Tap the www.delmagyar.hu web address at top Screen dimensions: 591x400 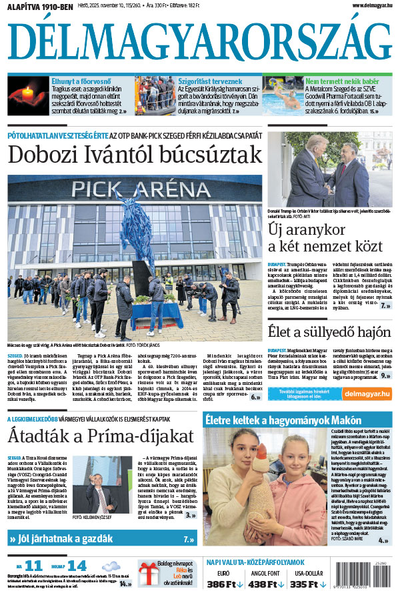click(x=365, y=6)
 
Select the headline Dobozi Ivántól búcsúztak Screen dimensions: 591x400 click(x=135, y=155)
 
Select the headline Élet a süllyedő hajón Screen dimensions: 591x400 click(x=329, y=332)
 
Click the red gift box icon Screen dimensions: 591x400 click(x=149, y=572)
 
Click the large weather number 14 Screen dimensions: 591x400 click(x=81, y=566)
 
